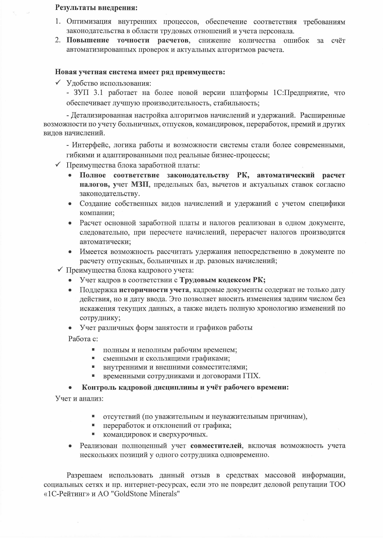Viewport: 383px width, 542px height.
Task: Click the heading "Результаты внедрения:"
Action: (x=96, y=8)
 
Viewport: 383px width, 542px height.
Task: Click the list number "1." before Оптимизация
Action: (x=58, y=22)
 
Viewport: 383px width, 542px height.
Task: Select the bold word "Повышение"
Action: (x=88, y=40)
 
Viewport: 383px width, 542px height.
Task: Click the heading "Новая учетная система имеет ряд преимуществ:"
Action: (x=140, y=72)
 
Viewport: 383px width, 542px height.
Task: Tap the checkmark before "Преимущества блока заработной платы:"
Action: (x=58, y=165)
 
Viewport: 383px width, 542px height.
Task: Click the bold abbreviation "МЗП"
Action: (x=140, y=184)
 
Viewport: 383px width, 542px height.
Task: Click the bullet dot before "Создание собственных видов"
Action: (x=70, y=204)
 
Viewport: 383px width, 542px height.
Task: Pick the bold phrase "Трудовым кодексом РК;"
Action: (x=223, y=280)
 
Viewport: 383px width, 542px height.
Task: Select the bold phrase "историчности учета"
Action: (x=154, y=290)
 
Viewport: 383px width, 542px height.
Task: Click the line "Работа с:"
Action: (x=83, y=339)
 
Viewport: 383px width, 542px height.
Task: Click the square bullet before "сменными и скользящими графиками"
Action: (x=93, y=358)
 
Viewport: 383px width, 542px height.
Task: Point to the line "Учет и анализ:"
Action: (x=79, y=398)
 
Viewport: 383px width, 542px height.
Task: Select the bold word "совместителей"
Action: (x=216, y=446)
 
